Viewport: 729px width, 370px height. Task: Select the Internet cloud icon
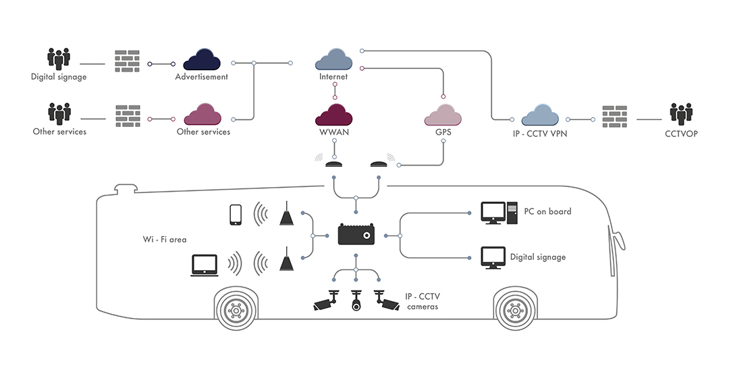point(334,59)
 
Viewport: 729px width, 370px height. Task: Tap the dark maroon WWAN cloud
point(334,114)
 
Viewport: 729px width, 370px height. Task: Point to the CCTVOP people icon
point(681,114)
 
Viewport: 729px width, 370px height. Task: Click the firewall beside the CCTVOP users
point(615,116)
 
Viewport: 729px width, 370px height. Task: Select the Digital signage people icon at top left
point(59,59)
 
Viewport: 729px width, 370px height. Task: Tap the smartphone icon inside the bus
point(236,215)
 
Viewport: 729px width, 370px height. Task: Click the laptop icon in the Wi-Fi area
point(205,265)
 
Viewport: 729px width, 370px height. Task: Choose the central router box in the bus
point(356,234)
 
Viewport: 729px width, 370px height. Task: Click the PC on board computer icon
point(499,213)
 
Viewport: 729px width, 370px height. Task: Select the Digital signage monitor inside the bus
point(493,257)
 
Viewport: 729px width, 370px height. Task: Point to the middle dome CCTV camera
point(356,300)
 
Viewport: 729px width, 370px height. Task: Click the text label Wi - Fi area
point(165,240)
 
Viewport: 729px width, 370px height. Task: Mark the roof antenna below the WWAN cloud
point(333,164)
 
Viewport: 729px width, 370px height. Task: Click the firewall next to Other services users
point(128,116)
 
